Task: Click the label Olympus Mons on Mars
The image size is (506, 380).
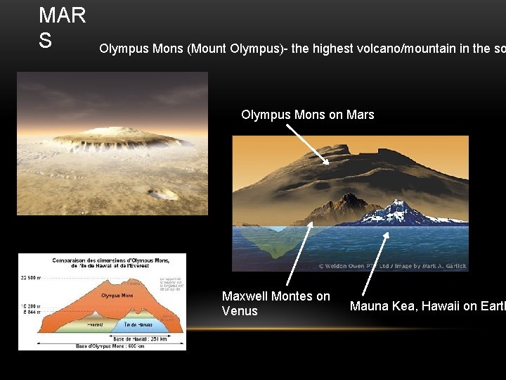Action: (x=307, y=114)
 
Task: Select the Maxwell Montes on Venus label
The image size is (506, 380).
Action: (x=275, y=303)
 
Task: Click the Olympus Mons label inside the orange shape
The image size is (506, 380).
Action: (x=117, y=296)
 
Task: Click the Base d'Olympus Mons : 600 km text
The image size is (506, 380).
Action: (x=101, y=346)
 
